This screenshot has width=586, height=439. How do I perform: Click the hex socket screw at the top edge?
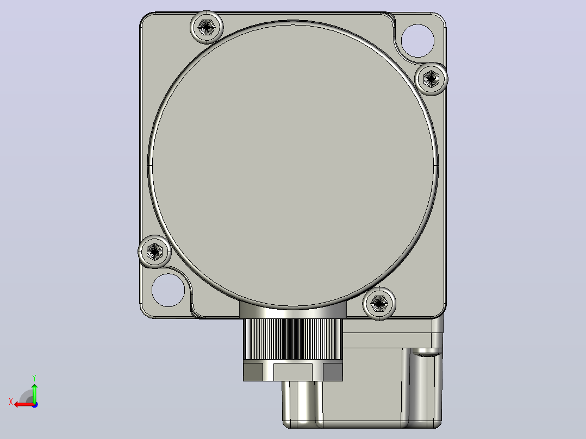pyautogui.click(x=207, y=27)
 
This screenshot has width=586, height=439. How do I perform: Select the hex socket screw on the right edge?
pyautogui.click(x=431, y=79)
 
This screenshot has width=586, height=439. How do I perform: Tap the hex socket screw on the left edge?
pyautogui.click(x=154, y=252)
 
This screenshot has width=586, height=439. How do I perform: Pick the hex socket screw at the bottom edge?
pyautogui.click(x=379, y=303)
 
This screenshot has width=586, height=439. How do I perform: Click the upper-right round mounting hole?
pyautogui.click(x=417, y=41)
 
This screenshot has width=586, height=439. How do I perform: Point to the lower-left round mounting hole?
pyautogui.click(x=168, y=290)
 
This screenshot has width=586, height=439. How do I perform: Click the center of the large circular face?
pyautogui.click(x=293, y=165)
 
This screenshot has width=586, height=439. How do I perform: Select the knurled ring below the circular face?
pyautogui.click(x=293, y=339)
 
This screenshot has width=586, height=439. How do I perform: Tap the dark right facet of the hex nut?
pyautogui.click(x=333, y=372)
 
